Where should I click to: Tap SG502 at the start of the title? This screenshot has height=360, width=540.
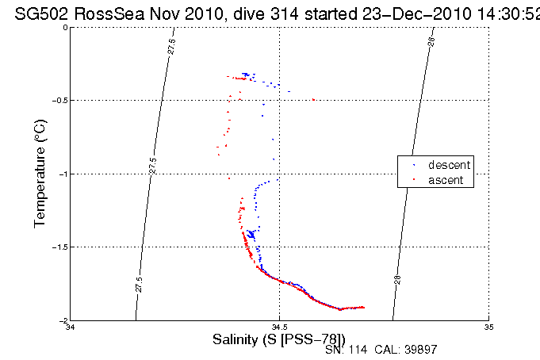[39, 11]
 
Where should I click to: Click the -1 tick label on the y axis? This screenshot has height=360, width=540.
[63, 174]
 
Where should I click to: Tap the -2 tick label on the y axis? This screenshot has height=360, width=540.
[63, 320]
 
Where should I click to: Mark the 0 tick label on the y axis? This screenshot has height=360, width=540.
[65, 28]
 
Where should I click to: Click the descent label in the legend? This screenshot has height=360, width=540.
[450, 165]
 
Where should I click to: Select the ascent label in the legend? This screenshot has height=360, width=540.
[447, 181]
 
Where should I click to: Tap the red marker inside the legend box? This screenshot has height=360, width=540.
[413, 182]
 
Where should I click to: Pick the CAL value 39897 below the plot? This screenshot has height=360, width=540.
[419, 350]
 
